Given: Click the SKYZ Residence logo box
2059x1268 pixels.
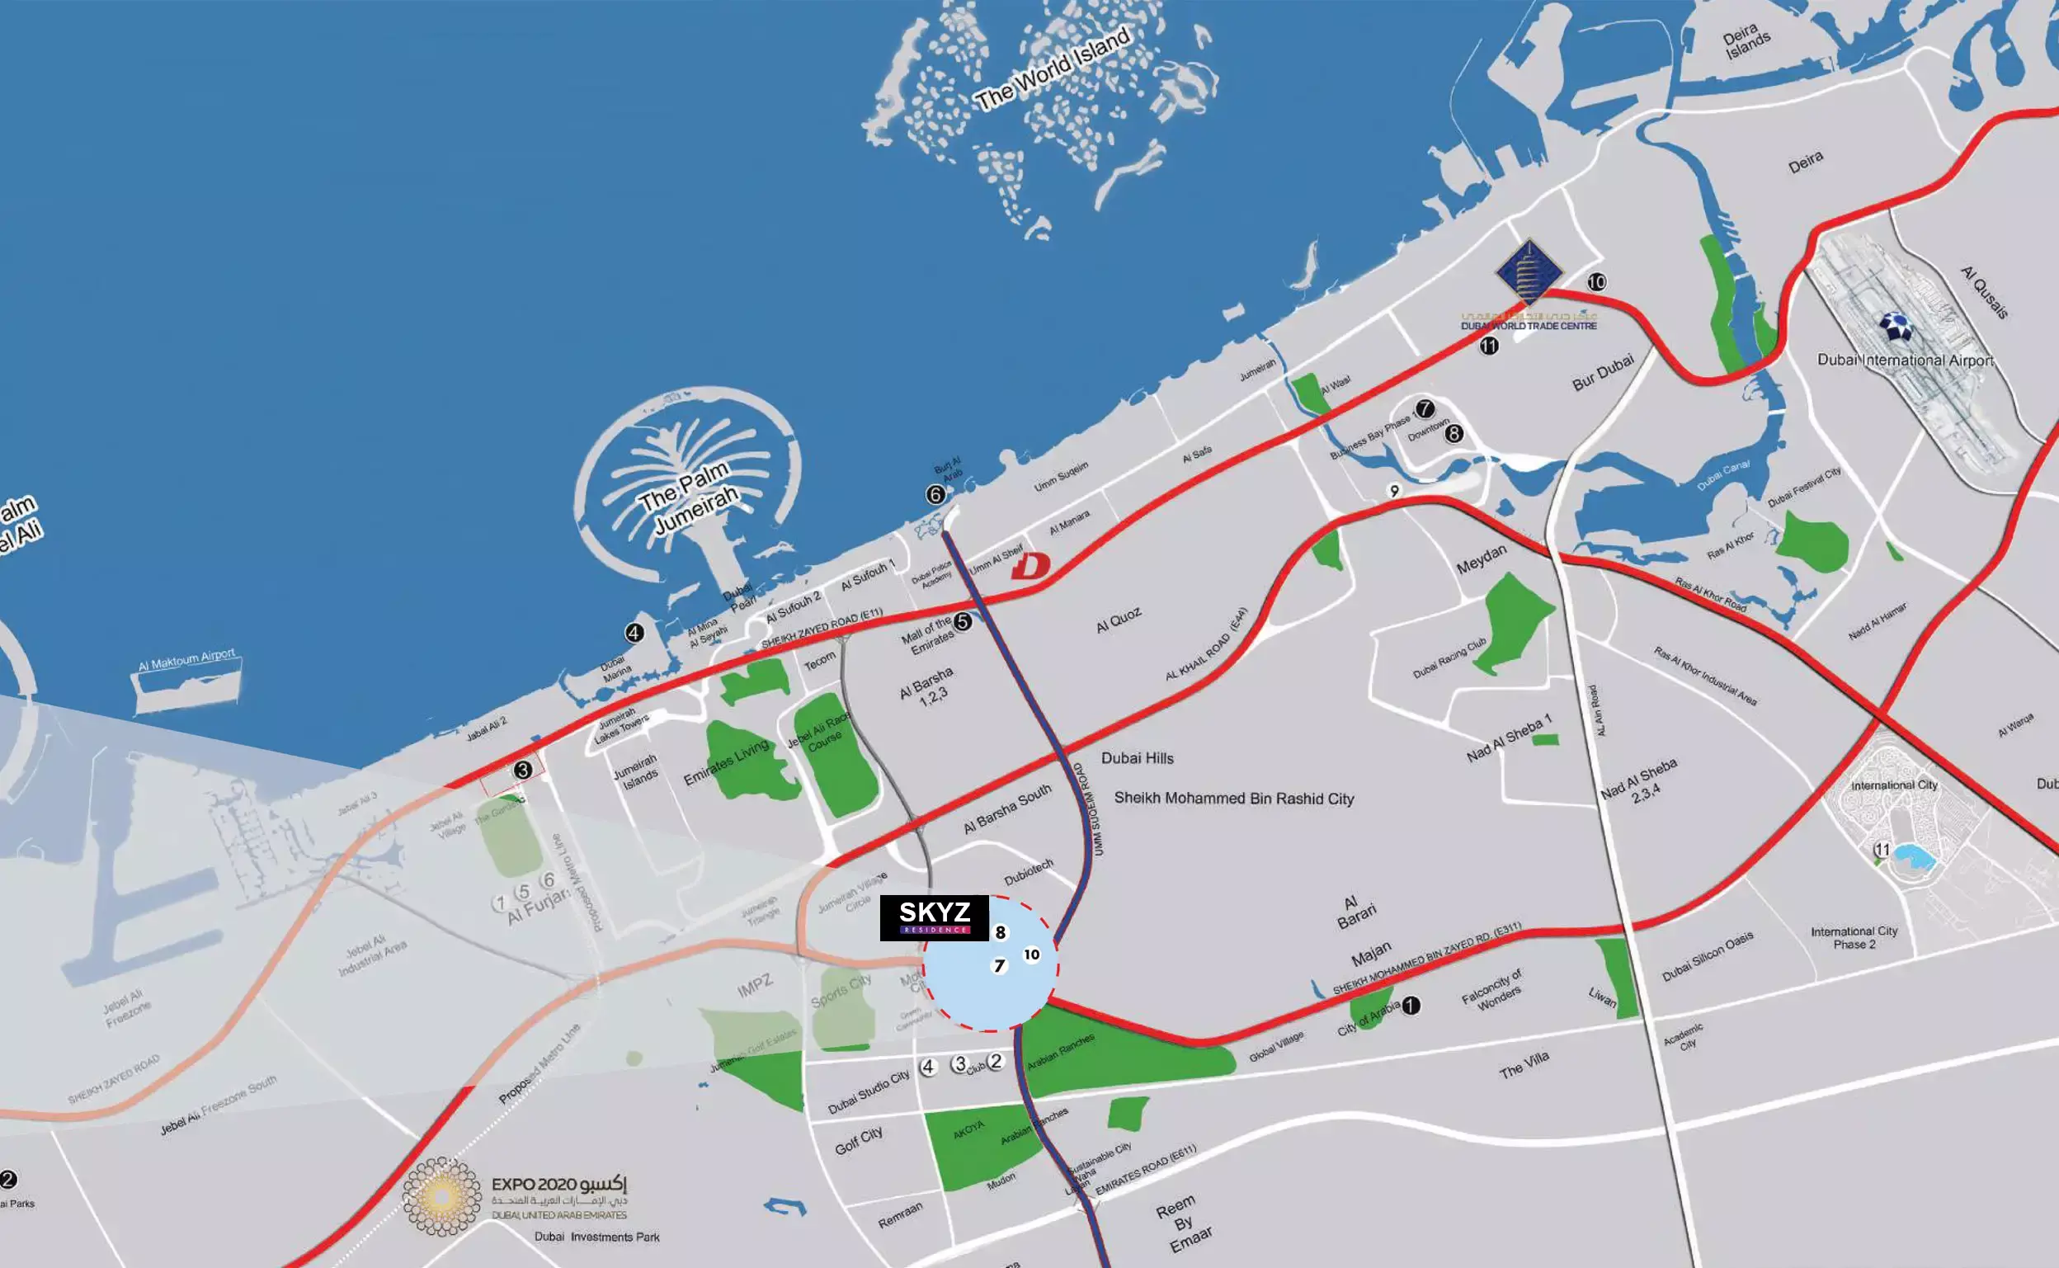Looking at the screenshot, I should [934, 917].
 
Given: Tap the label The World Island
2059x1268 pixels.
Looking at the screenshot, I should [1053, 69].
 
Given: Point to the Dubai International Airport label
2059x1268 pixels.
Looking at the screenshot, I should [1905, 360].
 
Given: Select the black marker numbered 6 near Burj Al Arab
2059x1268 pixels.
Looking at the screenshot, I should [935, 495].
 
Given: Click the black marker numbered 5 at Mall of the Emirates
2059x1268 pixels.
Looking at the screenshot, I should [963, 621].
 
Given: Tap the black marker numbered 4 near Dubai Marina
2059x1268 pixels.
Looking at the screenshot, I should [634, 633].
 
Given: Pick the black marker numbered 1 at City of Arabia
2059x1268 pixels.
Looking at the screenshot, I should [1411, 1005].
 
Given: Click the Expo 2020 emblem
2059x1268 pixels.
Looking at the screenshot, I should [442, 1197].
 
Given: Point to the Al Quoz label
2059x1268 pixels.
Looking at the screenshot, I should [1119, 620].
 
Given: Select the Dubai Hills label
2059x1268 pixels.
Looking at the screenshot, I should [1137, 758].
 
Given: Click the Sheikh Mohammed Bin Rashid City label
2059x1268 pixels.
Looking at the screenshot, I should [1233, 799].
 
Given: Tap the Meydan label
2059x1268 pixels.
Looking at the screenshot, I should [1482, 559].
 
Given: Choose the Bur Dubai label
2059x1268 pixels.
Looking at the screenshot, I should [1603, 372].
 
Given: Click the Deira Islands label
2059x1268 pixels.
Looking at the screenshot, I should [1746, 41].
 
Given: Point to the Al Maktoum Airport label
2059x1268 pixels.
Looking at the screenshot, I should [187, 660].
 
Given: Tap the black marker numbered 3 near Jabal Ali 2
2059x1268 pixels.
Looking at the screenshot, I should [523, 770].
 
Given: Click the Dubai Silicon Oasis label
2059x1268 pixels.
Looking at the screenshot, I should [1708, 957].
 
